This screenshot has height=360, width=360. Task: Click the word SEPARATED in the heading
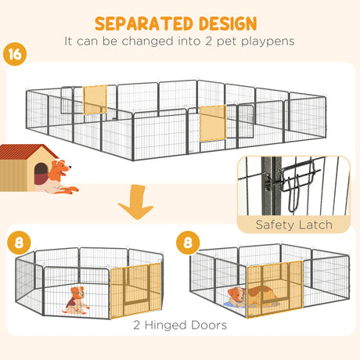coord(145,23)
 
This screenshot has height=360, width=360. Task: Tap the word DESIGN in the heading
coord(228,23)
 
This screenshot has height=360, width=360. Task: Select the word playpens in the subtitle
coord(268,41)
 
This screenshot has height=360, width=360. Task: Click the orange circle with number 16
coord(15,54)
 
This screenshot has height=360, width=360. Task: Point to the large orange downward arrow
coord(136,201)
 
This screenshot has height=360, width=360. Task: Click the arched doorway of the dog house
coord(41,174)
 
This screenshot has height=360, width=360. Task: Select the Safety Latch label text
coord(294,225)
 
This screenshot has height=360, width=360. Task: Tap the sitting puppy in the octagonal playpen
coord(77,301)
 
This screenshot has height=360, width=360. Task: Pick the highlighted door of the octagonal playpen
coord(135,290)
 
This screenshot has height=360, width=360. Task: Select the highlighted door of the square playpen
coord(275,289)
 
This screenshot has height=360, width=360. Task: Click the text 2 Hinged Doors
coord(180,325)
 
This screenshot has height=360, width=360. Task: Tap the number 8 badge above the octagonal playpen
coord(19,243)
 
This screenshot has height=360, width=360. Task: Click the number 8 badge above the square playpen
coord(188,243)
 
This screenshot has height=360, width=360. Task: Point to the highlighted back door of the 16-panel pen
coord(95,99)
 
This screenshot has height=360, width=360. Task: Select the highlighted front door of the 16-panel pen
coord(213,123)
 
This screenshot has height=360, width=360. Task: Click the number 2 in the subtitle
coord(208,41)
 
